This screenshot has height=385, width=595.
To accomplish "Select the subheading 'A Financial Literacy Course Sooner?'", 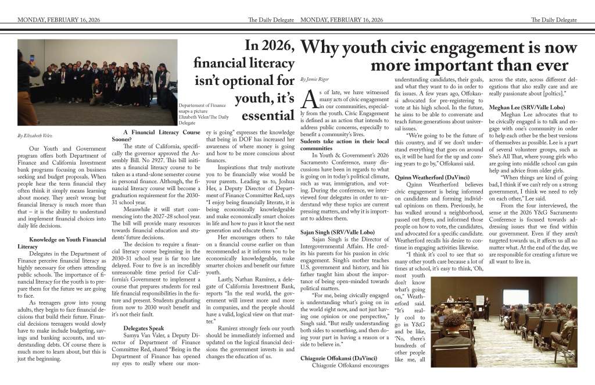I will click(x=154, y=136).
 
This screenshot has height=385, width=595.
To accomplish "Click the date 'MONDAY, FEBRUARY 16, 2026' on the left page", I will click(x=59, y=20).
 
